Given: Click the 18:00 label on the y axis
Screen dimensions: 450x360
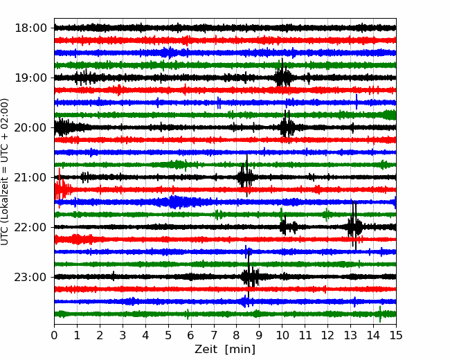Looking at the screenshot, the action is click(x=30, y=28).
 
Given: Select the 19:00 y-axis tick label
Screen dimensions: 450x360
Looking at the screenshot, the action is click(x=30, y=78).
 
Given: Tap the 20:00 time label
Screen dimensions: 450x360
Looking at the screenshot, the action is click(x=30, y=127).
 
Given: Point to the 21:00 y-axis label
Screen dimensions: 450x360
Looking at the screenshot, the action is click(x=30, y=177).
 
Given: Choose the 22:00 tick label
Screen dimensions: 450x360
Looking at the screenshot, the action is click(x=30, y=227).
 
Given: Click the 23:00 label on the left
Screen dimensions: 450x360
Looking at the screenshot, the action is click(x=30, y=277).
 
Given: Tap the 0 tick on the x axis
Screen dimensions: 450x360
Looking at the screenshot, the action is click(x=54, y=335).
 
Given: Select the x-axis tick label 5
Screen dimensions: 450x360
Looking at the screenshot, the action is click(x=168, y=335).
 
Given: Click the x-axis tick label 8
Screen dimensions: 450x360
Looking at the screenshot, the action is click(x=237, y=335).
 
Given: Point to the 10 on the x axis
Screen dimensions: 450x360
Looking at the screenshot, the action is click(x=282, y=335).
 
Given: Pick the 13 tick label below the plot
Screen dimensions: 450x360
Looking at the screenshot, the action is click(x=350, y=335).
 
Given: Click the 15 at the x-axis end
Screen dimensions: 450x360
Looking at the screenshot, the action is click(x=396, y=335).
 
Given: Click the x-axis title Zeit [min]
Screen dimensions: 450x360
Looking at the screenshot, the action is click(x=225, y=350).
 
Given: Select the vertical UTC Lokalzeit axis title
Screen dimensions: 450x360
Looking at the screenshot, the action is click(x=5, y=172).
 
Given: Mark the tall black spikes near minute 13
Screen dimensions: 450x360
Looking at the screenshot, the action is click(x=354, y=226).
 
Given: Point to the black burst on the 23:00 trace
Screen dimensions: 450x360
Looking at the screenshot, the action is click(x=250, y=276).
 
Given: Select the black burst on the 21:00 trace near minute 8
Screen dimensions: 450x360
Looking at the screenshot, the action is click(x=245, y=176).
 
